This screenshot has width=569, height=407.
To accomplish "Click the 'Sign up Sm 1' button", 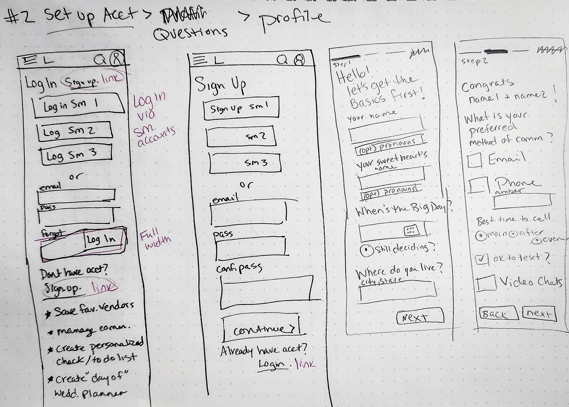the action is (x=241, y=108).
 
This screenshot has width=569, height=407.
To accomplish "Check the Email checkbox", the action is (x=475, y=161).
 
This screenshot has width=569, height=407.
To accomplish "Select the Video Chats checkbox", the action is (x=486, y=283).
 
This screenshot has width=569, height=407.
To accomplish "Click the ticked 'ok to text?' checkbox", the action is (x=482, y=259).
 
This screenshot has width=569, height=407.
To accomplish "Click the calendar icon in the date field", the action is (x=411, y=230).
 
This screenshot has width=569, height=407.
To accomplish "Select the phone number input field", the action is (x=522, y=201).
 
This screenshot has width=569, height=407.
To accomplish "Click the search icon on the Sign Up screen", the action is (x=282, y=60).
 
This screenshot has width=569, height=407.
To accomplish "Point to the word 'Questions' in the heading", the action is (x=190, y=33).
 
